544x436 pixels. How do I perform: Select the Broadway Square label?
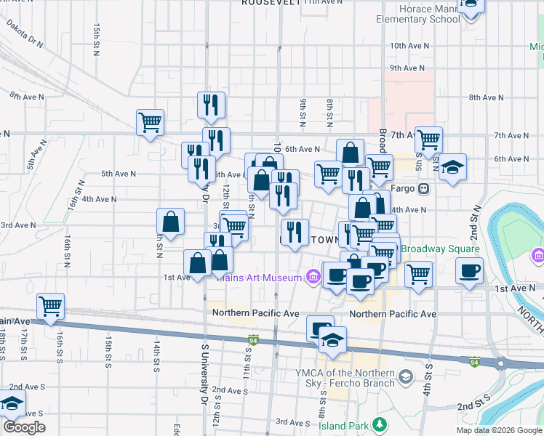tap(441, 249)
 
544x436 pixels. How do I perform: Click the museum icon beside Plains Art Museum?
tap(313, 277)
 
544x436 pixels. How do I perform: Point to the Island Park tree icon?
tap(378, 424)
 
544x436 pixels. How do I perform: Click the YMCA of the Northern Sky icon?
tap(406, 376)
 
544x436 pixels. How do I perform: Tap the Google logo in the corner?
tap(24, 427)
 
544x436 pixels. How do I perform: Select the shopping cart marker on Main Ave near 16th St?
tap(50, 307)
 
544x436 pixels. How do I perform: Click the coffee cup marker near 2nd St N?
tap(469, 270)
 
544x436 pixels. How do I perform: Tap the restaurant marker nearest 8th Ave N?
tap(211, 105)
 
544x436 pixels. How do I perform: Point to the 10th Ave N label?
tap(407, 45)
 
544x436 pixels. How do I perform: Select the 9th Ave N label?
tap(407, 68)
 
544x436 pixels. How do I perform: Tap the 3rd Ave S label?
tap(293, 421)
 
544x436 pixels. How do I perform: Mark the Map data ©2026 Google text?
tap(498, 430)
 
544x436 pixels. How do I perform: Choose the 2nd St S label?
tap(472, 405)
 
